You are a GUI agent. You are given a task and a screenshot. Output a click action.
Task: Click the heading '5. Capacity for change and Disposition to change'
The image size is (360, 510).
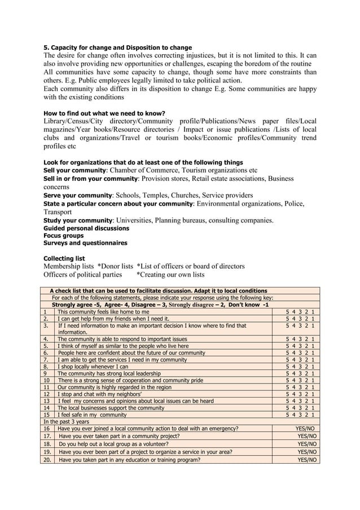(117, 47)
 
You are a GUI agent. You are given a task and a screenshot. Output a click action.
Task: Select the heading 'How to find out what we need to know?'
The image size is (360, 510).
(104, 114)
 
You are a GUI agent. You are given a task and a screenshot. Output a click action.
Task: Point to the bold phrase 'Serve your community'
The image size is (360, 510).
(77, 195)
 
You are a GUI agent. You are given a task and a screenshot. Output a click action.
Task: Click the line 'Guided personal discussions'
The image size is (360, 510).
(86, 228)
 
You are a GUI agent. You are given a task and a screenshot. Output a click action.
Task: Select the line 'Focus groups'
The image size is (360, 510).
(63, 236)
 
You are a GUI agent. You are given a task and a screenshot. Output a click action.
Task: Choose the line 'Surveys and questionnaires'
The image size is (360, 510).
(85, 243)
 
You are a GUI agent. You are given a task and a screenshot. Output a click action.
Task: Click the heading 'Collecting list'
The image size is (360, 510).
(64, 259)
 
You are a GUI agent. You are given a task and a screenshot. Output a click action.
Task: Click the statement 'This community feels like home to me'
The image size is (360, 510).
(104, 311)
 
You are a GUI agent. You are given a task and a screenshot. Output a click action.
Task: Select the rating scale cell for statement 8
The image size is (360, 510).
(300, 366)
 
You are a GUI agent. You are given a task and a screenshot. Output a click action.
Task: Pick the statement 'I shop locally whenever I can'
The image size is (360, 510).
(94, 366)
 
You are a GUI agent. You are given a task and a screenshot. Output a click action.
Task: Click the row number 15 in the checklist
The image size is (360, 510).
(47, 414)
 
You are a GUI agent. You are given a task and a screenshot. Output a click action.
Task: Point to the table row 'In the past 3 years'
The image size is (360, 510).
(66, 421)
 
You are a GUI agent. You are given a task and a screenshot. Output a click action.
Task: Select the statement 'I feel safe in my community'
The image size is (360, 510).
(92, 414)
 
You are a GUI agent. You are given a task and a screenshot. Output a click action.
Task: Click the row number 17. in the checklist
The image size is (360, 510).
(47, 436)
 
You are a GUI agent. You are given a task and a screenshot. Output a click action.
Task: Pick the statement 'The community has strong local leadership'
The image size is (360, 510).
(109, 374)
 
